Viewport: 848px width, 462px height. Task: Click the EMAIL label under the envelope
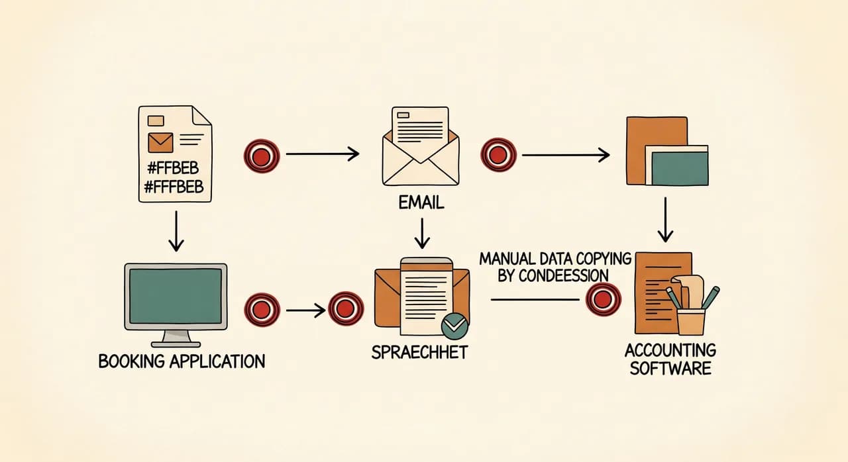tap(421, 203)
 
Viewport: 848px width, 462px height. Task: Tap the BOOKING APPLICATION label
tap(182, 361)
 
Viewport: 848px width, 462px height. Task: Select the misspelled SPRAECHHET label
tap(419, 352)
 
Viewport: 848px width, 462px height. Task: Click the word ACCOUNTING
tap(670, 350)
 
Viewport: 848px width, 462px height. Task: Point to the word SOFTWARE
tap(670, 368)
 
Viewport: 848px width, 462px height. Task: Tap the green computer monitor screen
tap(176, 296)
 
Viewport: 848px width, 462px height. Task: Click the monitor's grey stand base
tap(176, 344)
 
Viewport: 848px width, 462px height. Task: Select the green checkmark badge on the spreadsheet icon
tap(454, 326)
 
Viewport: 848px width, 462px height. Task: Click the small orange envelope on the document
tap(160, 142)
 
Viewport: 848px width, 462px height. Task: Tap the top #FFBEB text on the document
tap(173, 168)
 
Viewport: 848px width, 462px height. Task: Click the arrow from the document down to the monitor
tap(176, 231)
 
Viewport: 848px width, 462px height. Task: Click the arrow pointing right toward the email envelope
tap(323, 154)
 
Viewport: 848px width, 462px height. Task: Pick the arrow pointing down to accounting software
tap(665, 220)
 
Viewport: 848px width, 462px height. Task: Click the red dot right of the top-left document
tap(262, 156)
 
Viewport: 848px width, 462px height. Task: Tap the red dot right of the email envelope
tap(498, 155)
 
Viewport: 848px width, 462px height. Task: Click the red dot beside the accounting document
tap(603, 299)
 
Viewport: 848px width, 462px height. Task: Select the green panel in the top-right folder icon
tap(680, 169)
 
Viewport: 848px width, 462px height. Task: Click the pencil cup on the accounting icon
tap(691, 322)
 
